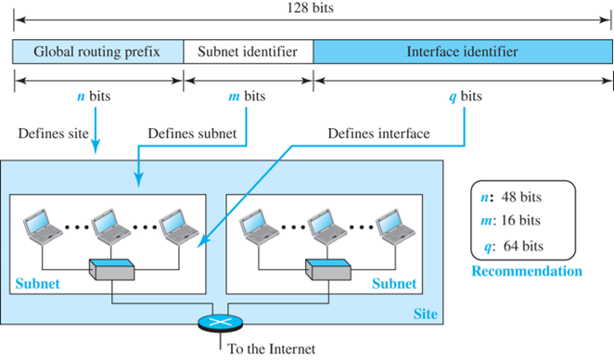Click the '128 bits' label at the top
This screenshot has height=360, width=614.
[310, 7]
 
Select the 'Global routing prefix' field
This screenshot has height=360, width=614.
[98, 51]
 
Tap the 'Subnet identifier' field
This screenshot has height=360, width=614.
[249, 51]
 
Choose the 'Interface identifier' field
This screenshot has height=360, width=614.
[463, 51]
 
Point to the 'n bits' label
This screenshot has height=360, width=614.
[94, 96]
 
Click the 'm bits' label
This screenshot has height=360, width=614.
[247, 96]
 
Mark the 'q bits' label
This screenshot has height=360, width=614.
[466, 96]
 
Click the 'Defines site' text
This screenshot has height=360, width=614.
[53, 134]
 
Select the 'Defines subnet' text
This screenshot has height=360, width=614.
[192, 134]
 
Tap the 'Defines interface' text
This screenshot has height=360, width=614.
[378, 134]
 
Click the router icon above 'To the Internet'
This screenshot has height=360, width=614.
[220, 323]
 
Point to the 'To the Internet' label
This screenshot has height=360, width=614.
[272, 349]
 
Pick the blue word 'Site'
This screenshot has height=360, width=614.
[426, 314]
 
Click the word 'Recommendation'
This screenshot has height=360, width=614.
[527, 271]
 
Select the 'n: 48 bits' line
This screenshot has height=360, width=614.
[511, 197]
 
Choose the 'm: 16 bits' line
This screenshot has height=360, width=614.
[511, 221]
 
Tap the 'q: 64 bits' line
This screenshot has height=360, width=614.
[514, 247]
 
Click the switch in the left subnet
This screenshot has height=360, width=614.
[112, 269]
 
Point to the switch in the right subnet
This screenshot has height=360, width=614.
[328, 269]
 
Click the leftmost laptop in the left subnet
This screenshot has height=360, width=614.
[43, 227]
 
